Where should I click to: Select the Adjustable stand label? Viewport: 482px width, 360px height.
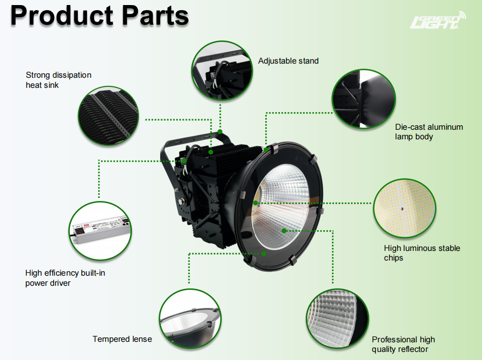click(x=288, y=61)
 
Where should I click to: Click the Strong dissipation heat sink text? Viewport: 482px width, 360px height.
click(x=59, y=80)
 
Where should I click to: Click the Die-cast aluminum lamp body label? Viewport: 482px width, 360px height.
click(x=428, y=132)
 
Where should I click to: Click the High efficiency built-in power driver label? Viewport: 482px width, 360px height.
click(x=65, y=278)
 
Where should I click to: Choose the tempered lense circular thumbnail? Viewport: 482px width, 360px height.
click(x=189, y=319)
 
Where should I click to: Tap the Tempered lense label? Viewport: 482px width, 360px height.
click(x=122, y=339)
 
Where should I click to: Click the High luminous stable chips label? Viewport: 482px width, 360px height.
click(x=421, y=253)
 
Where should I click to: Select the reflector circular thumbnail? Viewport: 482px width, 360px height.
click(x=337, y=319)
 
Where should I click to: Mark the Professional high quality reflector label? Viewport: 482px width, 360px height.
click(x=403, y=344)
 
